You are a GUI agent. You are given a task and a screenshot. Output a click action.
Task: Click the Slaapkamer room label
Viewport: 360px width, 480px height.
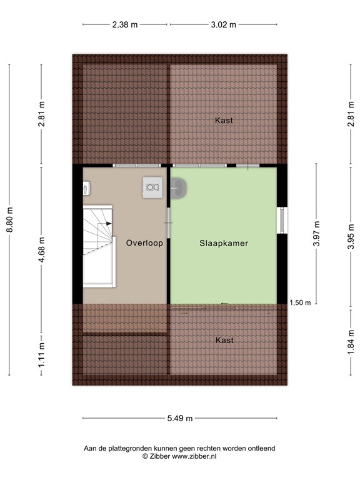224,243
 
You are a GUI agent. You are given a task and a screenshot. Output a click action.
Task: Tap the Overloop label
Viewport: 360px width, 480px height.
144,243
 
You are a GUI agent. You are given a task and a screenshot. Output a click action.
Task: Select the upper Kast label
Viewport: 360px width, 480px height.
224,120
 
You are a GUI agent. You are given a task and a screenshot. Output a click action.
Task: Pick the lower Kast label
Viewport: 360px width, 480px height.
224,340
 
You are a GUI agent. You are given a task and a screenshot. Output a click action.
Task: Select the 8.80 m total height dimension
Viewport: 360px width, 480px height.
9,220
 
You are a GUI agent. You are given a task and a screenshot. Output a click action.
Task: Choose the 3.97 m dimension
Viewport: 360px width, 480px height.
317,234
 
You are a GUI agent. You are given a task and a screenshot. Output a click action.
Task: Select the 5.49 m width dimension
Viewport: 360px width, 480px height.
179,419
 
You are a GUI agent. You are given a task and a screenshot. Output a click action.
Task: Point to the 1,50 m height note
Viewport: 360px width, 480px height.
301,302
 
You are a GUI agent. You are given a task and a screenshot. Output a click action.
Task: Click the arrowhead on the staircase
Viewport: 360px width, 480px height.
109,222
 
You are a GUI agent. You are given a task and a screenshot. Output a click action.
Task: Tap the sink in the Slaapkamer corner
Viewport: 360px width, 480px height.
177,186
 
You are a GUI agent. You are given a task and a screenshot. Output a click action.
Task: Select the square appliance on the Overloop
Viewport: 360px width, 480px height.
152,186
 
